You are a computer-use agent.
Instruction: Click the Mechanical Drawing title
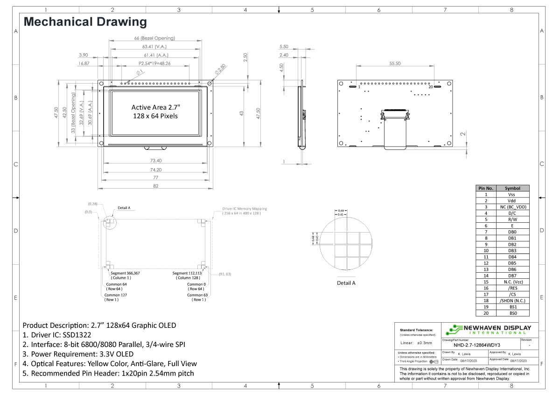85,21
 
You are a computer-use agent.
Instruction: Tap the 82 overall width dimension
156,186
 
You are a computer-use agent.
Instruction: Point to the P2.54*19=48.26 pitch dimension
154,63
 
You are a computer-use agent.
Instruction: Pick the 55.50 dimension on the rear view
395,64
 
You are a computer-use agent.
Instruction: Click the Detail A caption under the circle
346,283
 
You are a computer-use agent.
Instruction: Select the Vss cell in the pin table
512,194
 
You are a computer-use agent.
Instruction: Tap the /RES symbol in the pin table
512,288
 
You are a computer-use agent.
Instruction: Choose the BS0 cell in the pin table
512,313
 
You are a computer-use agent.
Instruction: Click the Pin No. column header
486,188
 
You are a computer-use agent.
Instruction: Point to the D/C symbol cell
512,213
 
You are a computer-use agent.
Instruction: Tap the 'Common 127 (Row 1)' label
115,297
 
